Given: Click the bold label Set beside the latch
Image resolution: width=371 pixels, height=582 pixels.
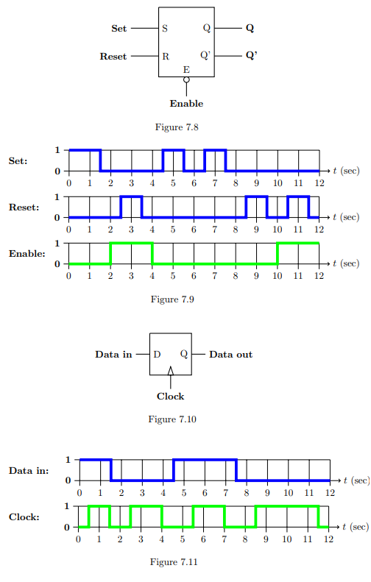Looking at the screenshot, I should (x=119, y=29).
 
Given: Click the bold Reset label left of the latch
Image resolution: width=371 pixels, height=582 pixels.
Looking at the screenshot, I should (x=113, y=56).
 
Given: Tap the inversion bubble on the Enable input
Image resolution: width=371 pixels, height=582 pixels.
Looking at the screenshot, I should (x=186, y=79).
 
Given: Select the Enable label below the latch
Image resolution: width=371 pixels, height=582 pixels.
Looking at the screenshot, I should (x=186, y=104).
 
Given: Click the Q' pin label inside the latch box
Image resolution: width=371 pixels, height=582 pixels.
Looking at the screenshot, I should (x=205, y=55).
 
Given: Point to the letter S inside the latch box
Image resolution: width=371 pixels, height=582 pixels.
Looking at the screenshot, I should (x=164, y=29).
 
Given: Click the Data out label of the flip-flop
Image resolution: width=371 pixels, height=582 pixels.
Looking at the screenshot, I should (x=230, y=355).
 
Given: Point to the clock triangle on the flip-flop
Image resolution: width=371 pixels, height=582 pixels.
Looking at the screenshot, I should (x=171, y=372).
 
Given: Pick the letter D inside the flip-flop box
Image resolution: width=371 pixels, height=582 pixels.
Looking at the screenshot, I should (x=157, y=355).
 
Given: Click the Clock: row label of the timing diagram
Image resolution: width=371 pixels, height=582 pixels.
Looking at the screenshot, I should (x=24, y=517).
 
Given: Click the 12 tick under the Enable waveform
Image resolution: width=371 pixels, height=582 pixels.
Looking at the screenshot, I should (x=319, y=276).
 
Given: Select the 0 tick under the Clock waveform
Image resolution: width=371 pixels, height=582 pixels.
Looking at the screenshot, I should (x=79, y=539).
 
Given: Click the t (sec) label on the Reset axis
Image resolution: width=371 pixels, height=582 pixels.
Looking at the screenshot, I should (x=345, y=217).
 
